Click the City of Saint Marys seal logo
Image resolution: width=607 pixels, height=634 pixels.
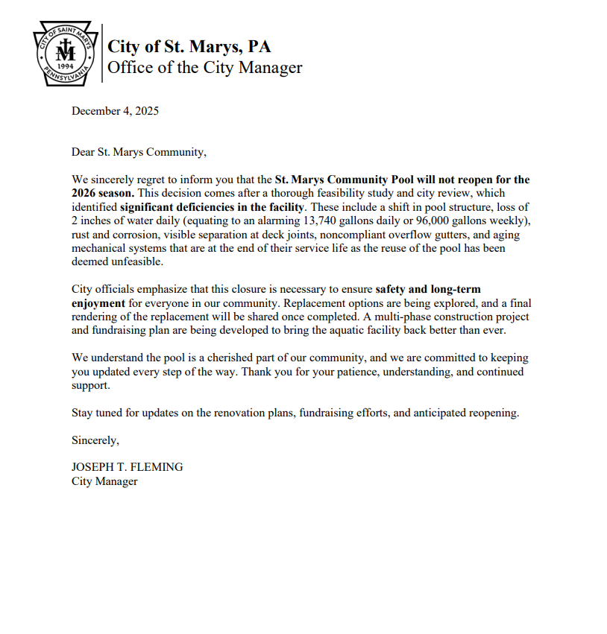click(66, 55)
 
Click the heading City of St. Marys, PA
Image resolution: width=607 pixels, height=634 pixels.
click(189, 47)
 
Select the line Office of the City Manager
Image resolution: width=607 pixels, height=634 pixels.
click(205, 68)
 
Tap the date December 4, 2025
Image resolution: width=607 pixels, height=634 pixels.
click(115, 112)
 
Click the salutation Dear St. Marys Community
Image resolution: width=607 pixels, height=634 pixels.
click(138, 153)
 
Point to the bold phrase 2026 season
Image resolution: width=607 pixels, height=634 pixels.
click(103, 193)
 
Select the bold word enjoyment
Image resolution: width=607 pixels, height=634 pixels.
click(98, 302)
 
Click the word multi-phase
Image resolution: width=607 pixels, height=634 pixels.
click(399, 317)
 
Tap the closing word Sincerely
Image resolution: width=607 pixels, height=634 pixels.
click(95, 440)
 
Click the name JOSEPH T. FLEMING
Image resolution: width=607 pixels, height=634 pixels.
click(127, 467)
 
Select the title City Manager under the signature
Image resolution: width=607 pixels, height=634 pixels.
click(104, 481)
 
